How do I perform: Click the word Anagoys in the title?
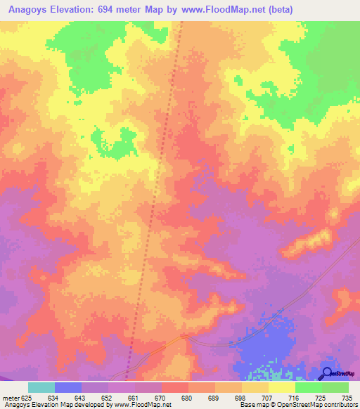pos(27,9)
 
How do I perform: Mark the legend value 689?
pos(214,398)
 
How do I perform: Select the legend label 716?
pos(295,398)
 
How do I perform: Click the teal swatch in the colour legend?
pos(41,387)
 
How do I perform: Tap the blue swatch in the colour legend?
pos(68,387)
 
